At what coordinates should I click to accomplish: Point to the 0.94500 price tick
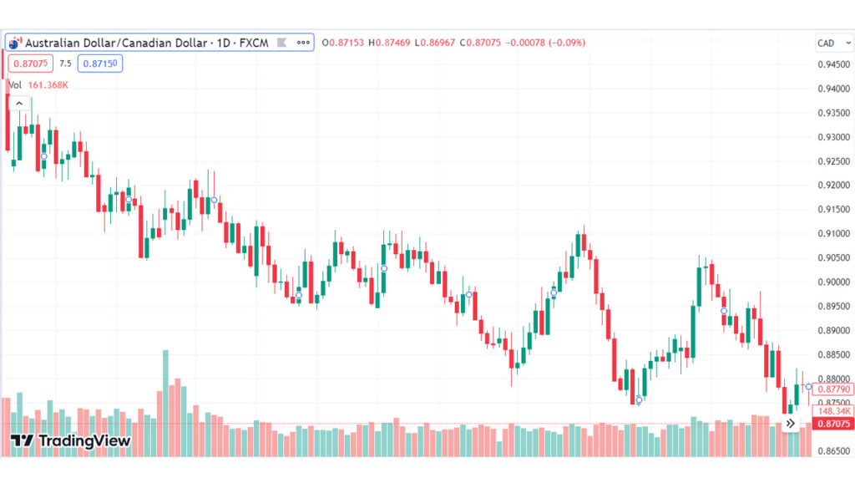(x=834, y=64)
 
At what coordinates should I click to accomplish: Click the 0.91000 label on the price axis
(x=834, y=233)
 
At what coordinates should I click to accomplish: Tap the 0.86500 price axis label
(x=834, y=450)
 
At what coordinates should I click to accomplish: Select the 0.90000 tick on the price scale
(x=834, y=282)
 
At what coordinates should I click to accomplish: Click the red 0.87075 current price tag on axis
(x=834, y=424)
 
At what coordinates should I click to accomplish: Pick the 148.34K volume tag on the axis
(x=834, y=411)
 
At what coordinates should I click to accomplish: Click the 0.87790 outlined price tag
(x=834, y=389)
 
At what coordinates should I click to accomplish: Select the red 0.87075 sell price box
(x=30, y=63)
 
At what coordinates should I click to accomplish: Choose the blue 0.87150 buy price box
(x=100, y=63)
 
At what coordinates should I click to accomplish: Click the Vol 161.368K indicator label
(x=38, y=84)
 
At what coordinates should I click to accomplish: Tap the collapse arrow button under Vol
(x=18, y=104)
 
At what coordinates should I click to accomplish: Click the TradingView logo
(x=71, y=440)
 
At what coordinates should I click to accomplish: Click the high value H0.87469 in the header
(x=390, y=43)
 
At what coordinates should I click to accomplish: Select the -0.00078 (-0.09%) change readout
(x=548, y=43)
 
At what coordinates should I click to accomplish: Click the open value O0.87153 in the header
(x=343, y=43)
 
